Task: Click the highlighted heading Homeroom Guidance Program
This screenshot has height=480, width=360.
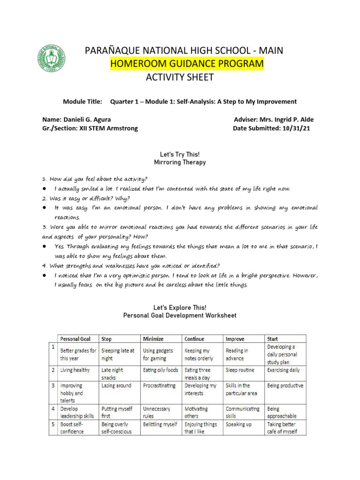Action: pyautogui.click(x=187, y=64)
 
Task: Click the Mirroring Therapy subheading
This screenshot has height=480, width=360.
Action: pyautogui.click(x=180, y=163)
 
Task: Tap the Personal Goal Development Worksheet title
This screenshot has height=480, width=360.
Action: pyautogui.click(x=180, y=315)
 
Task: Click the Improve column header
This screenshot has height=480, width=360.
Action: pyautogui.click(x=235, y=338)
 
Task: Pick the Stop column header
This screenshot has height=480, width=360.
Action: pyautogui.click(x=107, y=338)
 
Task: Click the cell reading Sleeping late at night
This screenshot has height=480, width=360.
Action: pyautogui.click(x=118, y=354)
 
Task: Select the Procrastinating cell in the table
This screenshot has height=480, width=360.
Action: pyautogui.click(x=159, y=385)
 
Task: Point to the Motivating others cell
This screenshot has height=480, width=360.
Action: pyautogui.click(x=196, y=412)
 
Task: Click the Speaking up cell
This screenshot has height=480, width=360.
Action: pyautogui.click(x=239, y=424)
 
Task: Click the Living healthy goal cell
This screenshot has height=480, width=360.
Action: pyautogui.click(x=75, y=370)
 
